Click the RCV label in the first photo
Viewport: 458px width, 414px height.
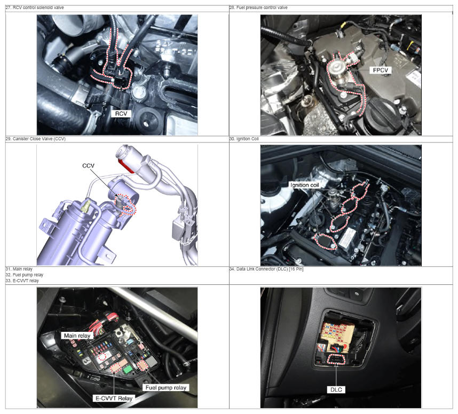pyautogui.click(x=121, y=114)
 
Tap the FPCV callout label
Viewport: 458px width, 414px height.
pyautogui.click(x=381, y=70)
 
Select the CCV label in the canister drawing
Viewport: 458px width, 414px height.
pyautogui.click(x=88, y=165)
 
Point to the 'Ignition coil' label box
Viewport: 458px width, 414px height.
pyautogui.click(x=304, y=185)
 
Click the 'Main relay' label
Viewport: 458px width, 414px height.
pyautogui.click(x=77, y=336)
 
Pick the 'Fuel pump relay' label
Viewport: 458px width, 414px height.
pyautogui.click(x=166, y=387)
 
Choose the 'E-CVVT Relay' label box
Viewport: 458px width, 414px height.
pyautogui.click(x=114, y=398)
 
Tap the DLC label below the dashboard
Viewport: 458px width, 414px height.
pyautogui.click(x=336, y=389)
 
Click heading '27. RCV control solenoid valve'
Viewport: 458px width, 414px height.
pyautogui.click(x=35, y=7)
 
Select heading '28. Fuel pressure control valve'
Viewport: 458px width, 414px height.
pyautogui.click(x=258, y=7)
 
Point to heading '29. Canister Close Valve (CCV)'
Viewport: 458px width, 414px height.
pyautogui.click(x=36, y=139)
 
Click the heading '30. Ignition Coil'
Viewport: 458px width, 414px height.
pyautogui.click(x=244, y=139)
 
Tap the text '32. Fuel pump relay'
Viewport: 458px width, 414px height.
pyautogui.click(x=25, y=275)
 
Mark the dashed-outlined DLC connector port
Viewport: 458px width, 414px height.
pyautogui.click(x=336, y=360)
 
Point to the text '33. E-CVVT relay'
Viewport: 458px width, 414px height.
pyautogui.click(x=22, y=281)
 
